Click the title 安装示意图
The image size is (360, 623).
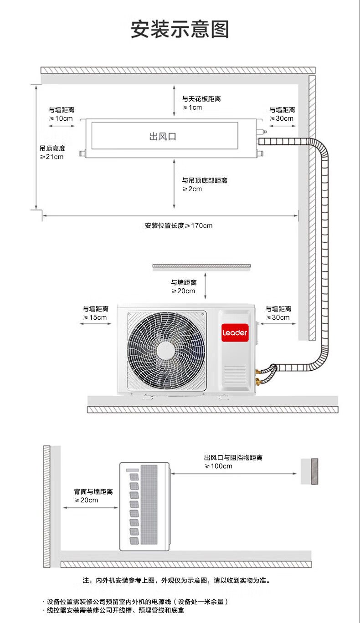click(x=180, y=29)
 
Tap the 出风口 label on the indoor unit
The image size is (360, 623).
click(x=163, y=136)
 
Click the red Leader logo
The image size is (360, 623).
click(x=235, y=332)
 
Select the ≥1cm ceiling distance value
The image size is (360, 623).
click(x=192, y=107)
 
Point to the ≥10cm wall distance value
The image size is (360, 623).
click(x=61, y=118)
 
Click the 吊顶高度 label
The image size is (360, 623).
click(x=52, y=148)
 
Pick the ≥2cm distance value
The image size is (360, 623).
click(x=192, y=189)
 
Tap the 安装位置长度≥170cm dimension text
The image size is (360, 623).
click(x=179, y=225)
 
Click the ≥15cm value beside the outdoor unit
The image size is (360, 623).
click(x=95, y=317)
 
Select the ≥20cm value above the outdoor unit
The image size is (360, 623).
click(x=183, y=291)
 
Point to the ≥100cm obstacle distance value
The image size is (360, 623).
click(x=218, y=466)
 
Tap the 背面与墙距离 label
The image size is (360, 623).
click(x=93, y=491)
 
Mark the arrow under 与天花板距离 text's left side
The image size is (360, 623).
click(x=174, y=103)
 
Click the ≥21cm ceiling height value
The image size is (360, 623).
click(x=51, y=157)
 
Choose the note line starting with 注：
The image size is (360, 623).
click(x=176, y=581)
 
